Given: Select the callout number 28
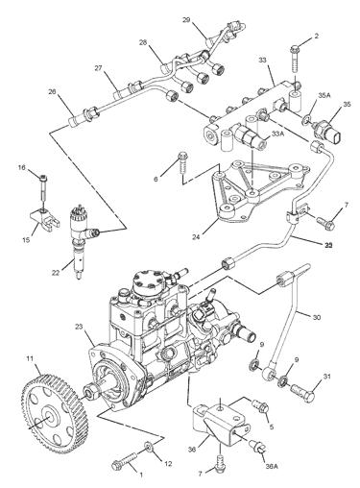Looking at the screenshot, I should coord(143,42).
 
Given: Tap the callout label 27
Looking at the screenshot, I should coord(97,68).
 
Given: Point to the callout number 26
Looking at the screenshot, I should coord(54,92).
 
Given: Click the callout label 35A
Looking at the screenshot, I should coord(324,96).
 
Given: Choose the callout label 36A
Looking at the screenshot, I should coord(272,466).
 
